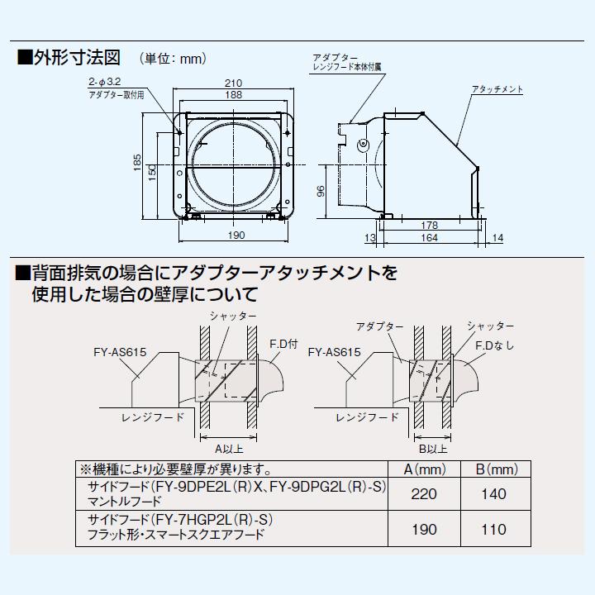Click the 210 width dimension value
(x=233, y=83)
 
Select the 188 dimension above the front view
(x=233, y=96)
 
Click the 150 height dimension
(x=152, y=171)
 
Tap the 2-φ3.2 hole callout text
(x=105, y=83)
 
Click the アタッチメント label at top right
(x=497, y=88)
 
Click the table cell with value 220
(x=424, y=494)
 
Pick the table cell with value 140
(x=493, y=494)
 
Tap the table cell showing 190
(x=424, y=528)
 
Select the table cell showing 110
(x=493, y=528)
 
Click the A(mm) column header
(x=424, y=470)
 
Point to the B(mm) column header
(x=493, y=470)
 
